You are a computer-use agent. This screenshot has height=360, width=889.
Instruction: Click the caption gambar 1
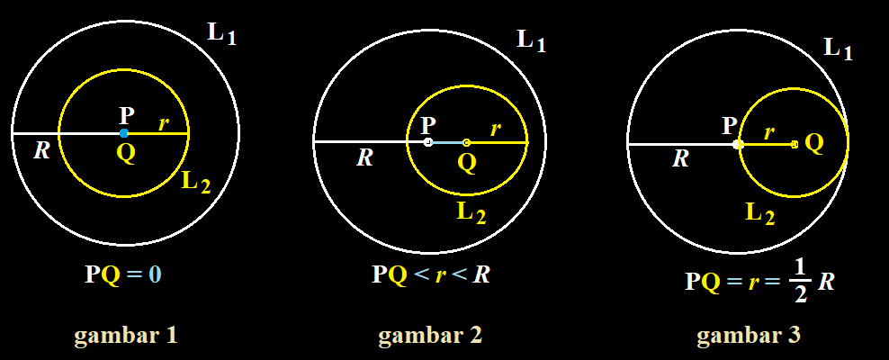[x=125, y=337]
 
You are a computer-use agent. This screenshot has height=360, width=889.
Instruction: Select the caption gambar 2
[x=430, y=337]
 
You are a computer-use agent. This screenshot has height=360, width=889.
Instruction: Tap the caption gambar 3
[x=748, y=337]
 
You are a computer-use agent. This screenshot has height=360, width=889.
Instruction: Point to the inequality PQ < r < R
[x=431, y=274]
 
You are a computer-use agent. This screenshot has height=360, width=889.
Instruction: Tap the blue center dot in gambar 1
[x=124, y=133]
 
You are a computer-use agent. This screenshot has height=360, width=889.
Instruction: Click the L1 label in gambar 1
[x=221, y=33]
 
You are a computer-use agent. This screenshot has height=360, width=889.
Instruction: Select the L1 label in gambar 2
[x=530, y=40]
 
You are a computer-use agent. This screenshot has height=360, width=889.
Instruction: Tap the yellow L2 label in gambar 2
[x=471, y=214]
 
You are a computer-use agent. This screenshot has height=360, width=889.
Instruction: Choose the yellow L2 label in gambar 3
[x=759, y=213]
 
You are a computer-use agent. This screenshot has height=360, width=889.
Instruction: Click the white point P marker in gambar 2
[x=428, y=142]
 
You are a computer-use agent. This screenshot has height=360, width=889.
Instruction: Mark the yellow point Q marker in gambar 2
[x=466, y=142]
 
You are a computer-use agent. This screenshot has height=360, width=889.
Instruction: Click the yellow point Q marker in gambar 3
[x=794, y=144]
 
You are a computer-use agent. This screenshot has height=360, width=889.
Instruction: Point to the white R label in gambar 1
[x=41, y=150]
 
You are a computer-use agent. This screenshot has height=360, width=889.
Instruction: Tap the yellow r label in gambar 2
[x=496, y=129]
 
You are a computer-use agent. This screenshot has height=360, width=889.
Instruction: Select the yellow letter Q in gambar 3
[x=813, y=142]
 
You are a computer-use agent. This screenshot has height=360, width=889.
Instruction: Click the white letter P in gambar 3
[x=729, y=126]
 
